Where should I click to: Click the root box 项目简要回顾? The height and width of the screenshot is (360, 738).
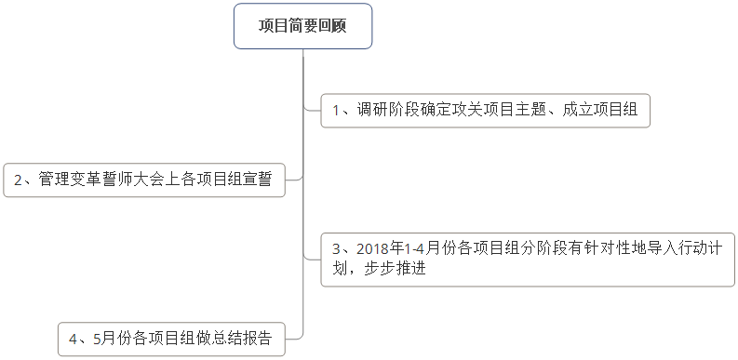[x=302, y=26]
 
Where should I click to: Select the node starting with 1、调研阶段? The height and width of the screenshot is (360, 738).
[x=485, y=110]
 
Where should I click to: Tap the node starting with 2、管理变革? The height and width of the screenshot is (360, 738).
[x=143, y=180]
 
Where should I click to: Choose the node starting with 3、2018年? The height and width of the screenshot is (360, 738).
[x=528, y=259]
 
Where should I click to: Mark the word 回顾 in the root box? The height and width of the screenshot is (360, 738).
[x=331, y=26]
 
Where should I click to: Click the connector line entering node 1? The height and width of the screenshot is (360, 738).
[x=312, y=110]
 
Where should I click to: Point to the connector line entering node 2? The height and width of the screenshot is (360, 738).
[x=293, y=180]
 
